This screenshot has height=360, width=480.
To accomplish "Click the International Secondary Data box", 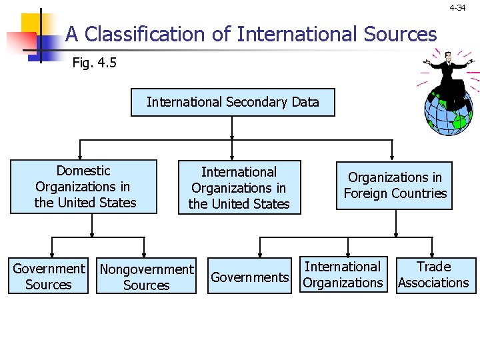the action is point(233,102).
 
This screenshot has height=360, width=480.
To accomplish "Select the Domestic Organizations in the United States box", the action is point(84,187).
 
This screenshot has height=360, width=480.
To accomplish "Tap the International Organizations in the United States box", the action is point(239,187).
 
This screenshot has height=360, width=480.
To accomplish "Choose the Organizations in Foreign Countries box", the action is point(395,185).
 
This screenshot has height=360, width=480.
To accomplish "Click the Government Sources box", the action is point(49,277).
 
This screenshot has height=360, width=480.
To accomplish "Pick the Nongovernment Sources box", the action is point(146,277).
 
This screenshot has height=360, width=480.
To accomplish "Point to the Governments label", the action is point(250,277).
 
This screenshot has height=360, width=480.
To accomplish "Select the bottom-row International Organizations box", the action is point(343,275).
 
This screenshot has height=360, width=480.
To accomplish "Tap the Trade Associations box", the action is point(434,275).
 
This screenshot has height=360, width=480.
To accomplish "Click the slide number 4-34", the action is point(457,8).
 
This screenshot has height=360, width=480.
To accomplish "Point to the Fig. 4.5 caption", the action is point(95,63).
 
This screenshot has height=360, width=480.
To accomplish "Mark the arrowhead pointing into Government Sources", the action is point(49,255).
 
